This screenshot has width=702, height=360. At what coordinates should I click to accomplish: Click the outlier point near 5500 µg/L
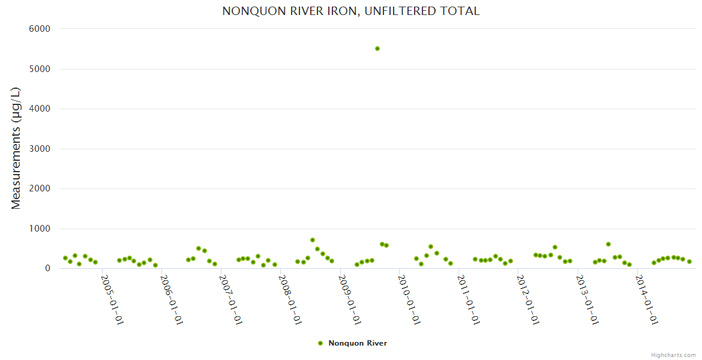click(x=377, y=49)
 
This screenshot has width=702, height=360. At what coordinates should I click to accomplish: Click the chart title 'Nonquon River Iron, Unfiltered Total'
click(x=351, y=11)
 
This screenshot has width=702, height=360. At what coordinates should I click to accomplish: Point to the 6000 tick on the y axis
click(x=40, y=29)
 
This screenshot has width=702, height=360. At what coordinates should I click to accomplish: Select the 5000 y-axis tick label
click(x=40, y=69)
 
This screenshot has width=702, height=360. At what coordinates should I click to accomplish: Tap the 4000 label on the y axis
click(x=40, y=109)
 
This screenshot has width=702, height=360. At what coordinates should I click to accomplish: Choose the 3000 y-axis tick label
click(x=40, y=149)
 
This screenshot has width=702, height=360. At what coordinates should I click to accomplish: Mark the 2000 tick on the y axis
click(x=40, y=188)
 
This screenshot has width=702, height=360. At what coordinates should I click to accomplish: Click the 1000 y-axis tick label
click(x=40, y=229)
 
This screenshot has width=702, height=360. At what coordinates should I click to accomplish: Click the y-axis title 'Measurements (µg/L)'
click(x=16, y=148)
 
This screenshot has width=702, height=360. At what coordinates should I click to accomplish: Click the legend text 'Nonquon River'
click(x=358, y=343)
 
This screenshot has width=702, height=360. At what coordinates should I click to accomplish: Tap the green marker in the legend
click(x=320, y=343)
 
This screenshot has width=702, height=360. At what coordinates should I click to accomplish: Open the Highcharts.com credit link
click(x=673, y=355)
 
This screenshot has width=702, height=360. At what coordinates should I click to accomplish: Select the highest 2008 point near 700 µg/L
click(x=313, y=240)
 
